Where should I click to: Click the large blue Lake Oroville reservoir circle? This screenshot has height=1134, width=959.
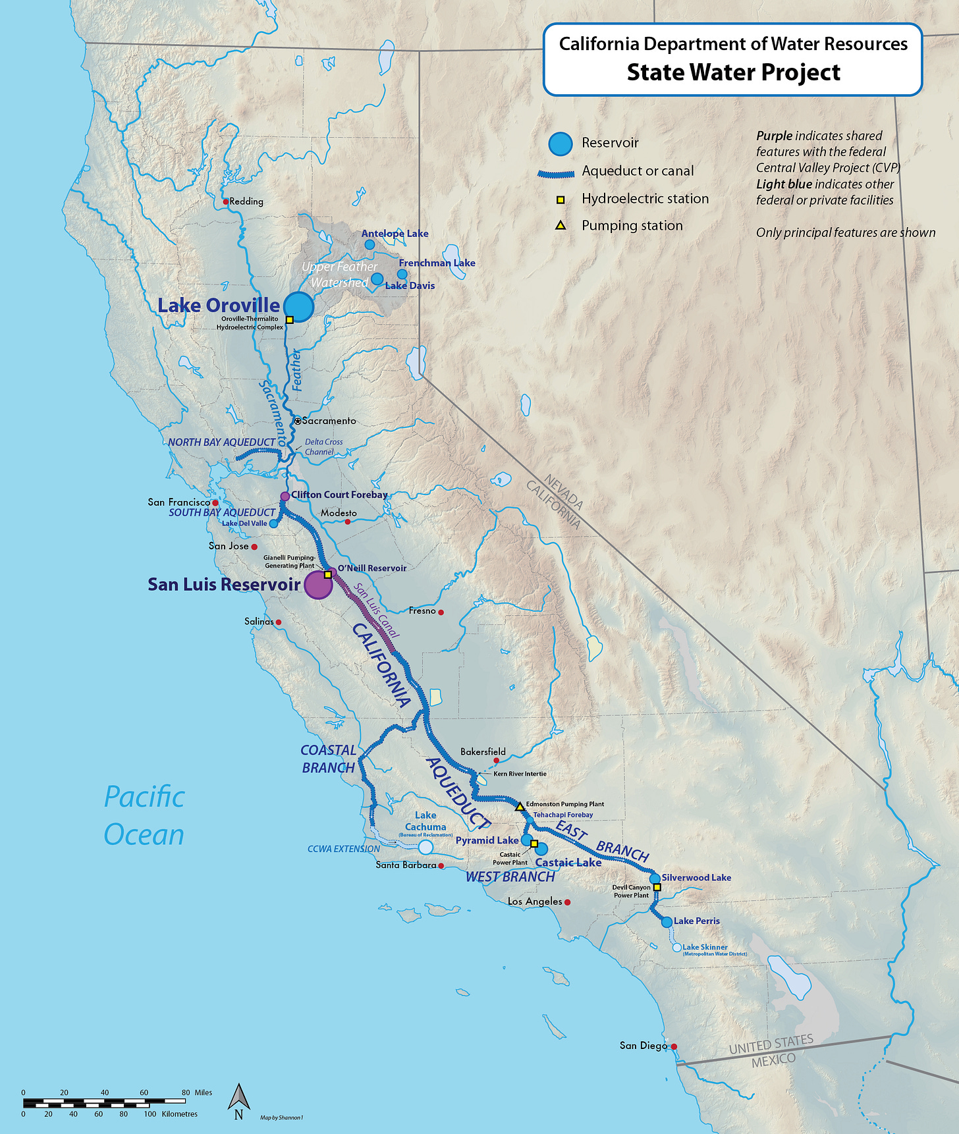[x=298, y=306]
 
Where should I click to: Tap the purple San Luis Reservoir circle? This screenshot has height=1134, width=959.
[x=318, y=585]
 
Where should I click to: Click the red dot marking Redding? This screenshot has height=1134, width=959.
[x=226, y=202]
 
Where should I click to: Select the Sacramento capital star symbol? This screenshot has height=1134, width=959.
[x=298, y=421]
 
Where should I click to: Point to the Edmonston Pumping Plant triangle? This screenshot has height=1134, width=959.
[x=520, y=806]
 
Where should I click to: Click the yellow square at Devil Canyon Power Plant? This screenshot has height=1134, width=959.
[x=657, y=887]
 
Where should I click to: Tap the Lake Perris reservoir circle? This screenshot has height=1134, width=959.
[x=667, y=922]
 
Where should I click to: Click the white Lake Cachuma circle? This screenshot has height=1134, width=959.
[x=426, y=847]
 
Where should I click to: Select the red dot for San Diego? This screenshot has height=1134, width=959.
[x=674, y=1046]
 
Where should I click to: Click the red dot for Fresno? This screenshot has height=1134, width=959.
[x=441, y=612]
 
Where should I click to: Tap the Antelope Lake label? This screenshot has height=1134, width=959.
[x=395, y=234]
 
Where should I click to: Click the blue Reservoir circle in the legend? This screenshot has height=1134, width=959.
[x=561, y=144]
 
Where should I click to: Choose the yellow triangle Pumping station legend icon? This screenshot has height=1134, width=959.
[x=561, y=225]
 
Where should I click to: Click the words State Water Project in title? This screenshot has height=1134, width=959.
[x=733, y=72]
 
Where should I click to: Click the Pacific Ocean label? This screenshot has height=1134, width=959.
[x=144, y=815]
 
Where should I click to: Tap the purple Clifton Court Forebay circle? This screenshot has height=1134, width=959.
[x=285, y=496]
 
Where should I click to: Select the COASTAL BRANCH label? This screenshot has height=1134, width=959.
[x=328, y=759]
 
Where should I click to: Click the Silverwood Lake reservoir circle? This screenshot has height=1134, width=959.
[x=655, y=878]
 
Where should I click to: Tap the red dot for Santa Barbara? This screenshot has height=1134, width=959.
[x=441, y=866]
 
